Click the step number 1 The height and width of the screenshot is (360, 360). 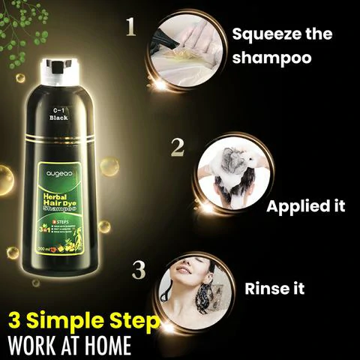point(131,28)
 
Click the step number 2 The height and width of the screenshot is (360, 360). point(177,147)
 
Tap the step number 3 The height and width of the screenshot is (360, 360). point(139,270)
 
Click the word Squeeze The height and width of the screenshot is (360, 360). point(260,34)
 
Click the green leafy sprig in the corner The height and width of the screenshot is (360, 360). point(22,30)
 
